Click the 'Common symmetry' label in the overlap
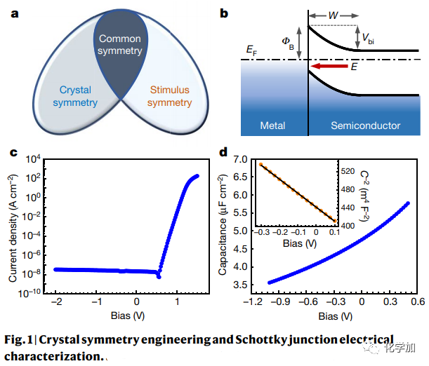coord(120,45)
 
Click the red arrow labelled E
coord(331,67)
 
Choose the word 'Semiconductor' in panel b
coord(365,126)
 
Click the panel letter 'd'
coord(223,151)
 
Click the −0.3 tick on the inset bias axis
coord(261,230)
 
